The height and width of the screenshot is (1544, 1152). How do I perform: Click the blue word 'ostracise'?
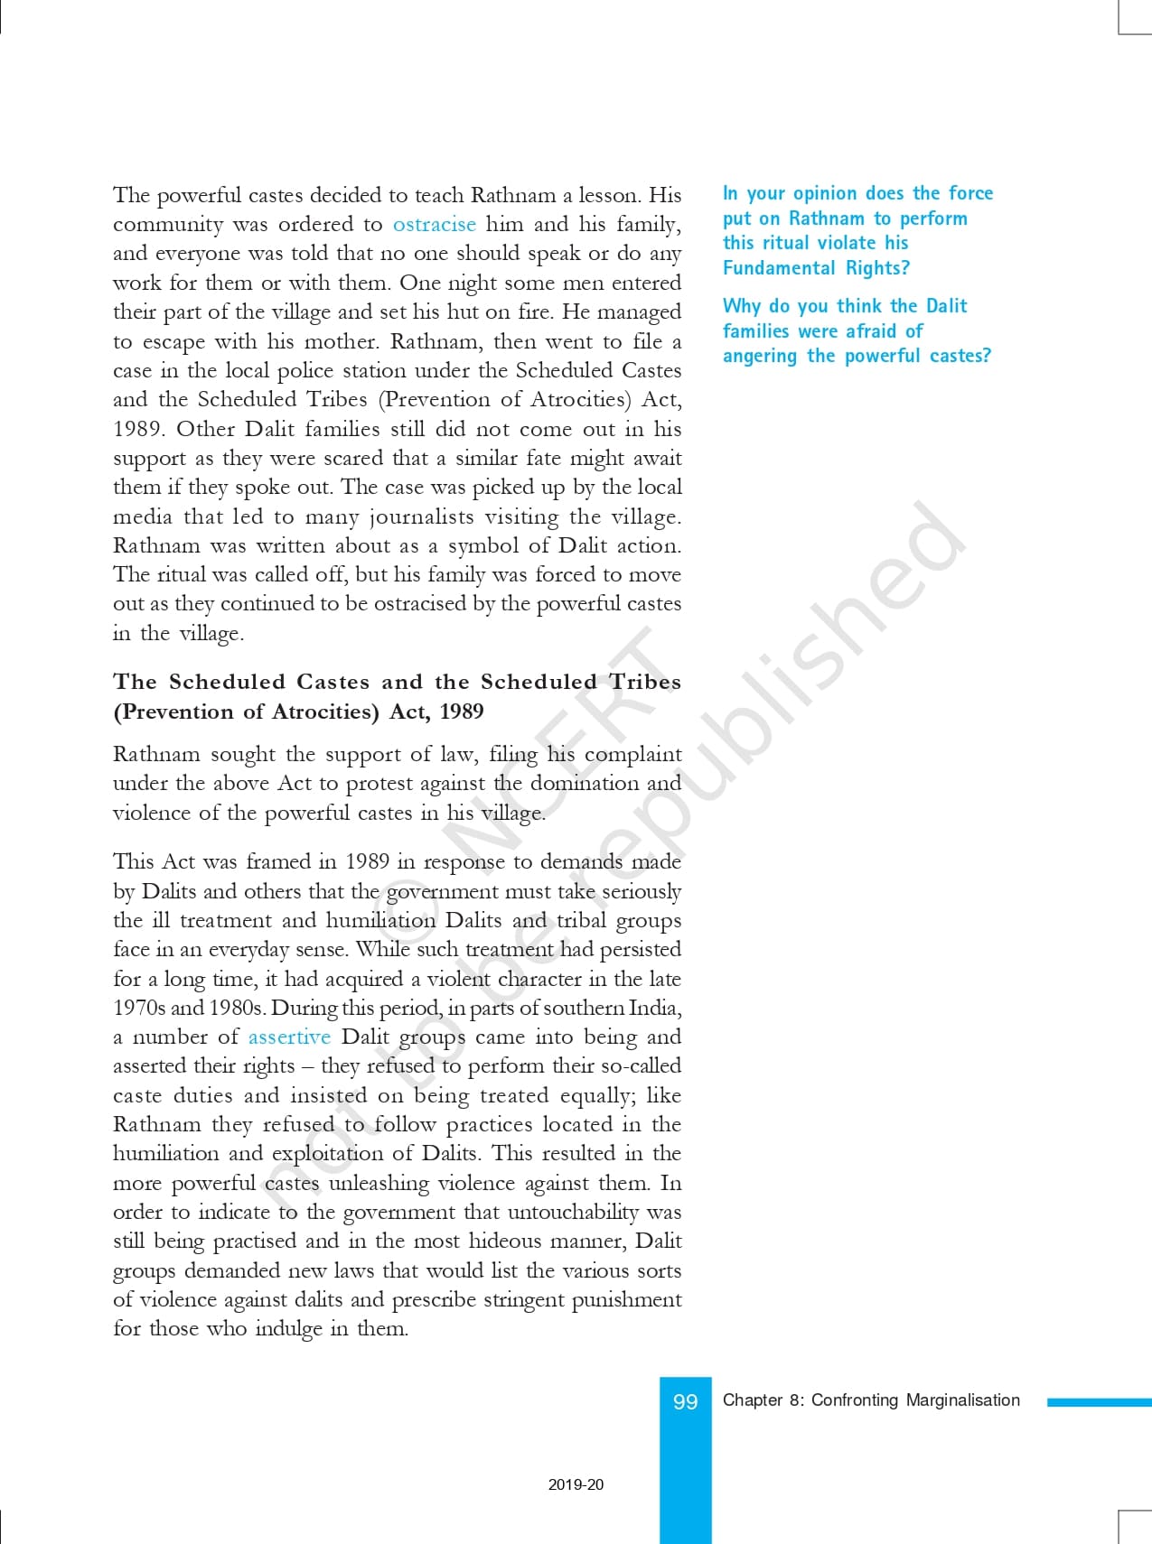point(434,224)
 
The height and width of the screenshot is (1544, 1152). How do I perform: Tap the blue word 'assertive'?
point(289,1037)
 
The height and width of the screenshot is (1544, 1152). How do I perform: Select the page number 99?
point(686,1401)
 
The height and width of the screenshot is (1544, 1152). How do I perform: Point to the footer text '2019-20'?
point(576,1484)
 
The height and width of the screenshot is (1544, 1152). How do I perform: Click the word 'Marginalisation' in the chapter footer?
point(962,1400)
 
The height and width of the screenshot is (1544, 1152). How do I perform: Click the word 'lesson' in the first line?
point(610,195)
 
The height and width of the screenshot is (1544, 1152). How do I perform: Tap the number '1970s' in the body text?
point(139,1008)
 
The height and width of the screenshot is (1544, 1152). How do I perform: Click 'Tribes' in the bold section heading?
point(645,682)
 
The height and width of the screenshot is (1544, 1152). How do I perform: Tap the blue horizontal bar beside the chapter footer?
point(1099,1402)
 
